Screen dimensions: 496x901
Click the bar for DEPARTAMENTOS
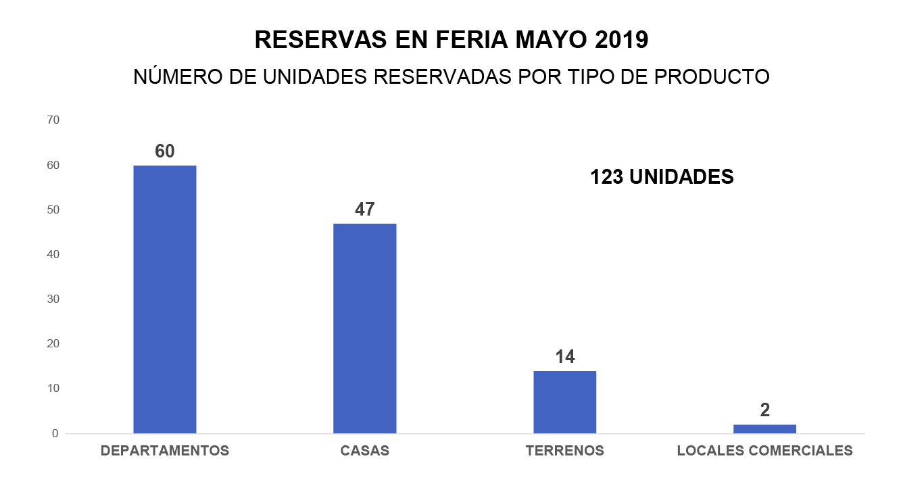pyautogui.click(x=164, y=299)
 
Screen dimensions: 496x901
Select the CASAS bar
pyautogui.click(x=364, y=328)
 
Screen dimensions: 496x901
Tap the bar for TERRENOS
pyautogui.click(x=564, y=401)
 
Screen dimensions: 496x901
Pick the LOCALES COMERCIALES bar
pyautogui.click(x=764, y=428)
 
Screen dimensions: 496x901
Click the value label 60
pyautogui.click(x=164, y=151)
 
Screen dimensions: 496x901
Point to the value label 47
pyautogui.click(x=364, y=209)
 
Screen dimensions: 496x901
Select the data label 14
pyautogui.click(x=564, y=357)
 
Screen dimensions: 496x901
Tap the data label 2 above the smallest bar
pyautogui.click(x=764, y=410)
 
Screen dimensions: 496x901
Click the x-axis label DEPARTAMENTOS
pyautogui.click(x=164, y=451)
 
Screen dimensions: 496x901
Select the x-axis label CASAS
pyautogui.click(x=364, y=451)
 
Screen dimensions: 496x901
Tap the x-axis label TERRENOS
pyautogui.click(x=564, y=451)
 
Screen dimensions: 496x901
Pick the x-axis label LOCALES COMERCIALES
pyautogui.click(x=764, y=451)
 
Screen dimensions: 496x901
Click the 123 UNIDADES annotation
pyautogui.click(x=662, y=177)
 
